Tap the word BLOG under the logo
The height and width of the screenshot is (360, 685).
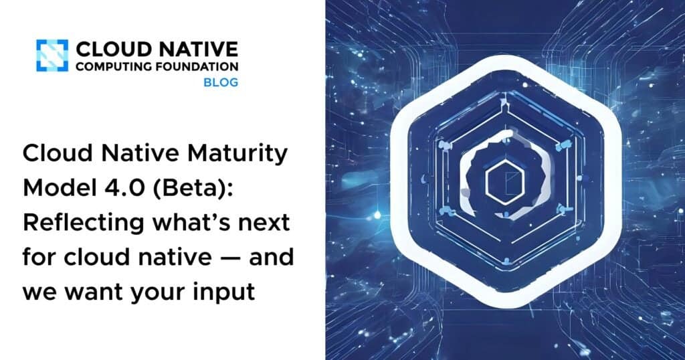(x=220, y=82)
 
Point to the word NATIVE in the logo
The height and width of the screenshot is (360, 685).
(x=203, y=49)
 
